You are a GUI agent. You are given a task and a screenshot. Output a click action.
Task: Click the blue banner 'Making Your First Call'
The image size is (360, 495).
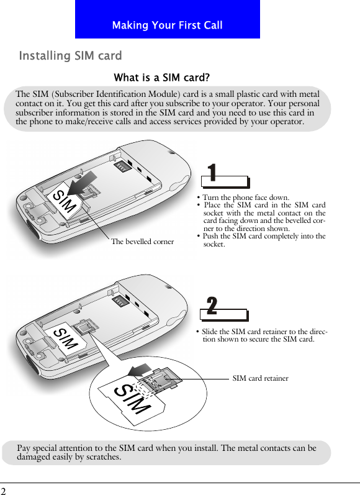click(167, 25)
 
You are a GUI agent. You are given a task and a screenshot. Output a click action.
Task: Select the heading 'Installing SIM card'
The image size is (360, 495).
click(70, 57)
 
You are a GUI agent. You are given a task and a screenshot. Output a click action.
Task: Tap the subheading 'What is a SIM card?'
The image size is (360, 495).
click(161, 78)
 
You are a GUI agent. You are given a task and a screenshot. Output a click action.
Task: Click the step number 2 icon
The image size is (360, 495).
click(212, 306)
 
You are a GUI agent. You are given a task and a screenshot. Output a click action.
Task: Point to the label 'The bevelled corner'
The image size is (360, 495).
click(142, 241)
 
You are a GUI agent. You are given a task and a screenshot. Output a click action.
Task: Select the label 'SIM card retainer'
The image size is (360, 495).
click(260, 378)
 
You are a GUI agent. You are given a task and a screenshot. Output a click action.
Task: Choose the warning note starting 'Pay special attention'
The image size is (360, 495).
click(166, 452)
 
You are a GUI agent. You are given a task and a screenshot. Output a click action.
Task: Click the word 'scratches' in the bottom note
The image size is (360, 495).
click(100, 457)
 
